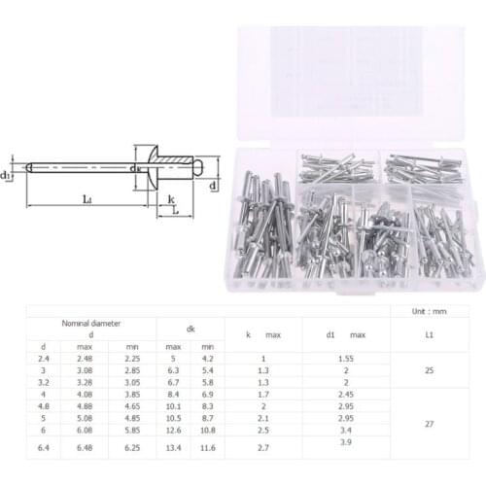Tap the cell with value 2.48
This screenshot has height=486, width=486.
click(86, 359)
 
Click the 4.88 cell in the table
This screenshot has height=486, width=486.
click(86, 407)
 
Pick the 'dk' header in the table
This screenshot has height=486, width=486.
click(190, 329)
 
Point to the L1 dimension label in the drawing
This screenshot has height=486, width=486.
click(87, 199)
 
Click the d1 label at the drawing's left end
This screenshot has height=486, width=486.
click(8, 175)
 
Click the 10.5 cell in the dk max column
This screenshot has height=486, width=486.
click(173, 419)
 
